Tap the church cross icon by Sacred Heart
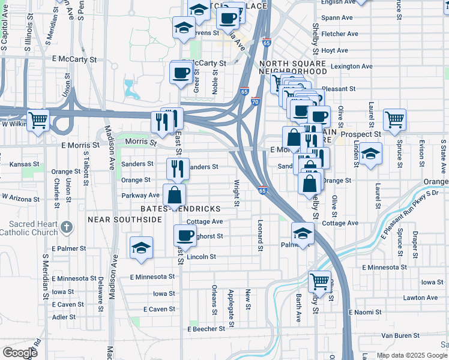(x=67, y=227)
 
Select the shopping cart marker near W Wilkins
(x=38, y=120)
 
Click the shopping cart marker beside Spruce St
(x=394, y=119)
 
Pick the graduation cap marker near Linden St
(x=370, y=154)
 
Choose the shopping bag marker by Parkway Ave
(x=174, y=194)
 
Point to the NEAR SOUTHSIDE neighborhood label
(x=125, y=220)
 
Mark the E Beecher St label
(x=206, y=329)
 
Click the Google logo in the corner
(x=20, y=352)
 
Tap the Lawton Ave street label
(x=420, y=298)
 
